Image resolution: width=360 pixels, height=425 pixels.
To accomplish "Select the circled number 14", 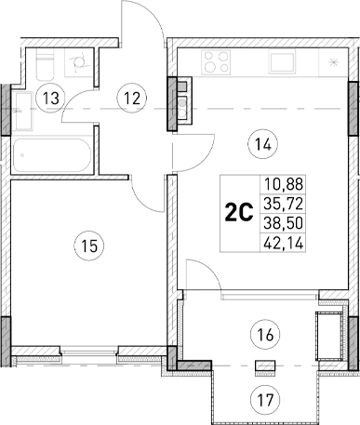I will click(x=260, y=143).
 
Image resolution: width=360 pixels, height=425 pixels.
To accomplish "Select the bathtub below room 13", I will click(x=50, y=153).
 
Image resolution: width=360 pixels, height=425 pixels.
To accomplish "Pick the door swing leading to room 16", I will click(x=200, y=274).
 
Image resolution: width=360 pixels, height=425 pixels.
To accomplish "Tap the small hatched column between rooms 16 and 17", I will click(x=260, y=365).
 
